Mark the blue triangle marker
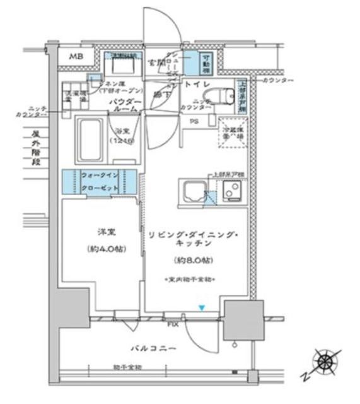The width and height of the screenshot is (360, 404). (x=202, y=307)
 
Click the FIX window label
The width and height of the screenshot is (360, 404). (x=171, y=324)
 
